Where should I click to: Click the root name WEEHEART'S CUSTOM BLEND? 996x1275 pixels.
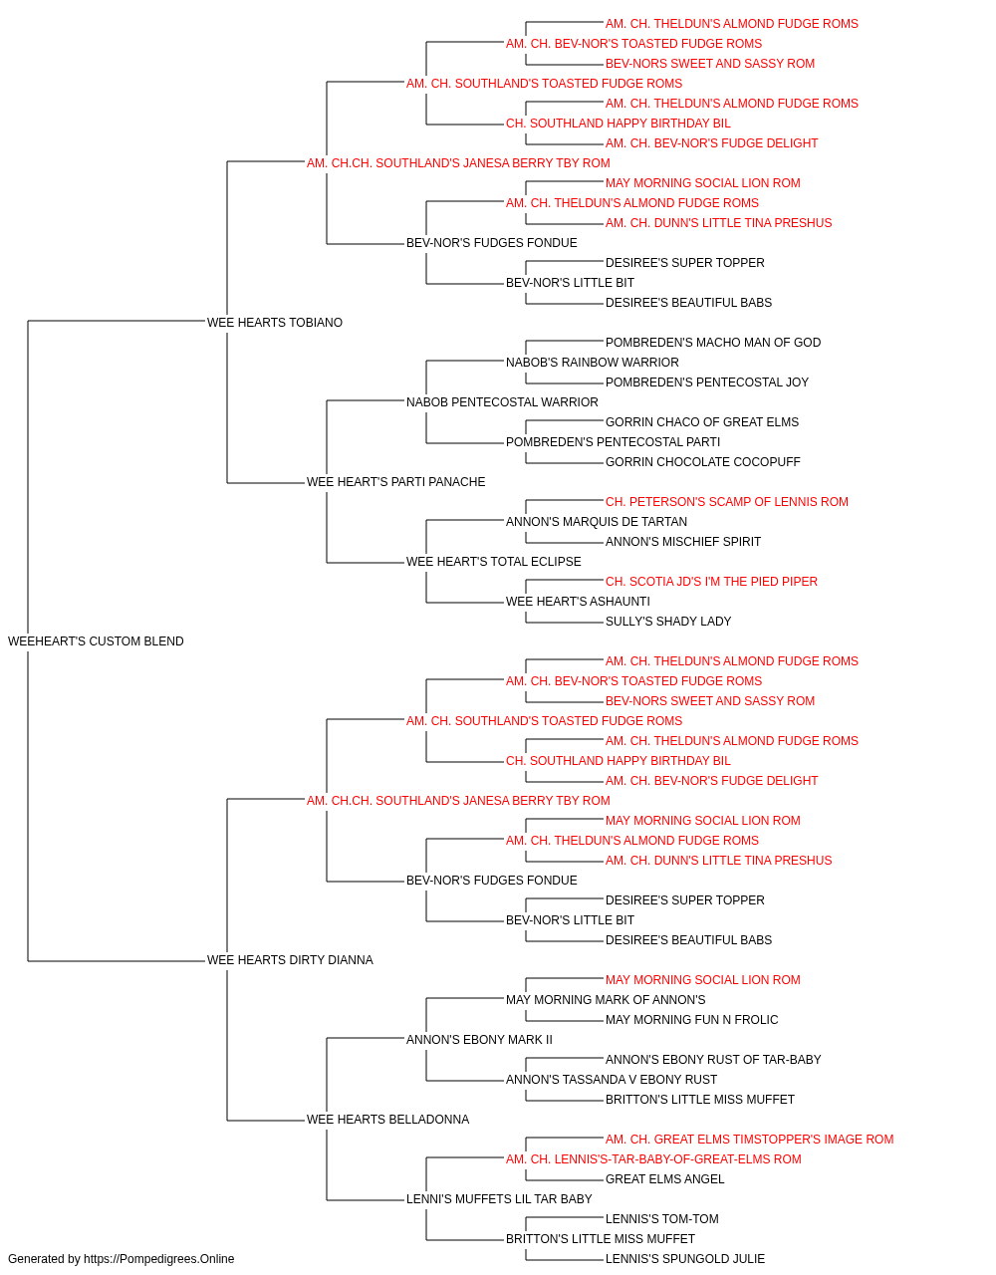coord(96,641)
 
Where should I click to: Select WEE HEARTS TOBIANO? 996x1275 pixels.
coord(275,323)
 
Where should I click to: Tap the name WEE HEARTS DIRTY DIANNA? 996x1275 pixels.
coord(290,960)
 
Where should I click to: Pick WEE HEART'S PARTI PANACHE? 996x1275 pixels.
coord(396,482)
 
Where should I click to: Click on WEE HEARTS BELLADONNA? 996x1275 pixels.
coord(387,1120)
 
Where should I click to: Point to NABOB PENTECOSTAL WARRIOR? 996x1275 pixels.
coord(502,402)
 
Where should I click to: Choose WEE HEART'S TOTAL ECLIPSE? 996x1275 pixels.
coord(493,562)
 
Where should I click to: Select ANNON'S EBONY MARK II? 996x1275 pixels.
coord(479,1040)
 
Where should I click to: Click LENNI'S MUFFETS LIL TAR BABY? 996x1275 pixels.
coord(499,1199)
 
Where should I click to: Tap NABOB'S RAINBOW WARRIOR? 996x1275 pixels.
coord(592,363)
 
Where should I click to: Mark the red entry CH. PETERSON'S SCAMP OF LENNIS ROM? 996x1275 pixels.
coord(727,502)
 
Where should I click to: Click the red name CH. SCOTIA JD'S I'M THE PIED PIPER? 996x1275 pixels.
coord(711,582)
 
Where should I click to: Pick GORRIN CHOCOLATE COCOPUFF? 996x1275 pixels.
coord(703,462)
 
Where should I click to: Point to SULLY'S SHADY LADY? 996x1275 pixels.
coord(668,622)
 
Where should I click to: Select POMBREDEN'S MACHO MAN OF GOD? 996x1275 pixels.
coord(713,343)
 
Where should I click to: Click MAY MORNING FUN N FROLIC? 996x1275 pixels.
coord(691,1020)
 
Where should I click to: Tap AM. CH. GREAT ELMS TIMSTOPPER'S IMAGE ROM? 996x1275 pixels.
coord(749,1140)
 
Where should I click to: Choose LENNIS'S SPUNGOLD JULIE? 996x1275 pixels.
coord(685,1259)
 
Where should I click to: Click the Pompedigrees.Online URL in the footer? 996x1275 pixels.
coord(158,1259)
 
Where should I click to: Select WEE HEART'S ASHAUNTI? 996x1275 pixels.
coord(578,602)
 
